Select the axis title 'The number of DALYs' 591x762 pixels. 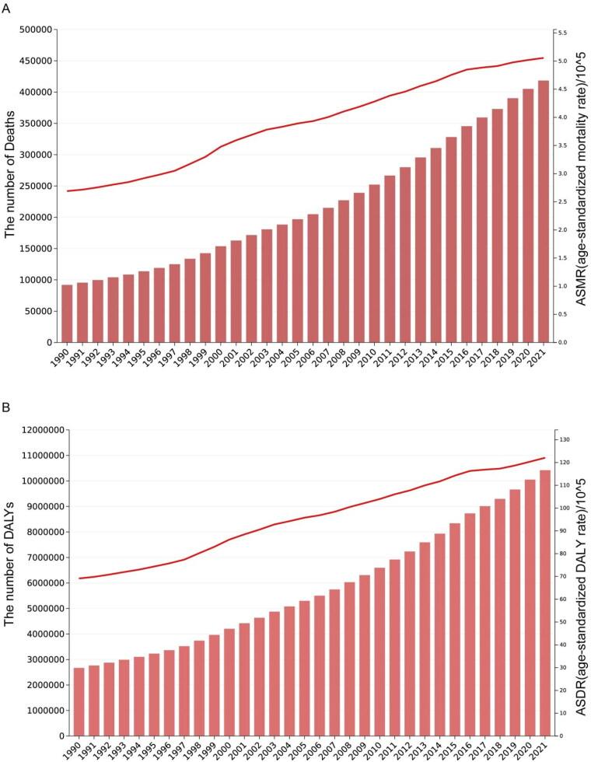point(10,583)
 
